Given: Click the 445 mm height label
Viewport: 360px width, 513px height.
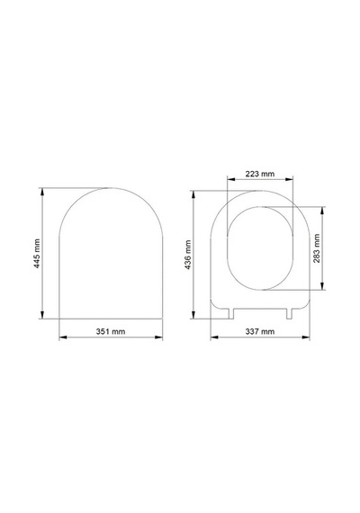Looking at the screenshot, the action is pyautogui.click(x=37, y=254).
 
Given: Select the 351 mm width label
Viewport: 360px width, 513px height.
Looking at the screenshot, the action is pyautogui.click(x=111, y=331).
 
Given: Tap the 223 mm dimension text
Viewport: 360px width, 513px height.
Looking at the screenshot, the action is pyautogui.click(x=260, y=174).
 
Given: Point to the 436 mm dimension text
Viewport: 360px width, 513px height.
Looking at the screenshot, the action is pyautogui.click(x=188, y=255).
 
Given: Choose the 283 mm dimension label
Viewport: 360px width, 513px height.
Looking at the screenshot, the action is pyautogui.click(x=317, y=248).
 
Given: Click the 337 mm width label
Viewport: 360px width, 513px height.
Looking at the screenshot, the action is pyautogui.click(x=260, y=331).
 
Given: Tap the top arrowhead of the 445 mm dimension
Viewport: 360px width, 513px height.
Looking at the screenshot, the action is pyautogui.click(x=42, y=192).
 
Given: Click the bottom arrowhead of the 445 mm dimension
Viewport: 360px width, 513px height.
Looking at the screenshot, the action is pyautogui.click(x=42, y=315).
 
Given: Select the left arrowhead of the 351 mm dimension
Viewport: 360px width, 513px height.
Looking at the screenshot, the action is pyautogui.click(x=63, y=337).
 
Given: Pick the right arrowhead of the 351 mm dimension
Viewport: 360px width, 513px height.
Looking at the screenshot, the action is pyautogui.click(x=158, y=337).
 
